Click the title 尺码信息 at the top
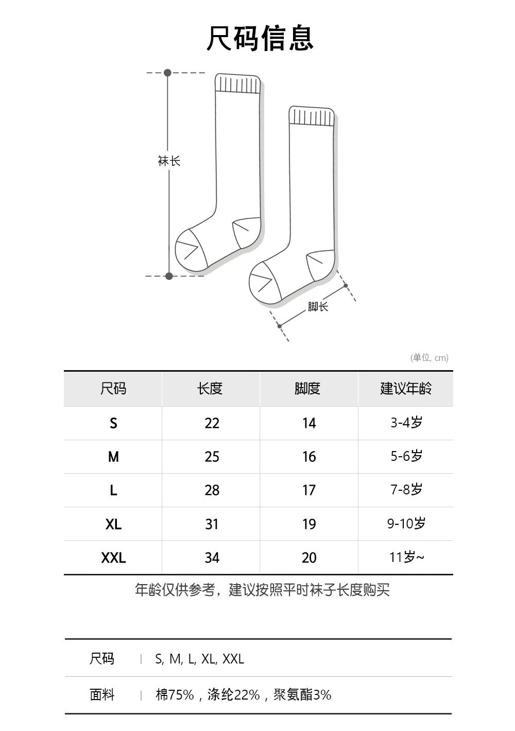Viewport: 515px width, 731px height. (x=260, y=38)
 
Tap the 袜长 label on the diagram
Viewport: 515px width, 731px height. (x=169, y=161)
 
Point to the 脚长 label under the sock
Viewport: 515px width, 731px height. (x=318, y=307)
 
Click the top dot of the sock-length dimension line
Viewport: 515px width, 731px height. (x=167, y=73)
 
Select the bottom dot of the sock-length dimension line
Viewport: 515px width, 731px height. (x=169, y=276)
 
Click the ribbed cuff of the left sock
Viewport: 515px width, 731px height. (x=237, y=84)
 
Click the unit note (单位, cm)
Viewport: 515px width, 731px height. (x=429, y=358)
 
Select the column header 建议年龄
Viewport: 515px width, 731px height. (x=406, y=388)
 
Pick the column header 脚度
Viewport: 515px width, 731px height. (x=307, y=388)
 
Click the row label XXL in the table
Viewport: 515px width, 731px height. (x=113, y=558)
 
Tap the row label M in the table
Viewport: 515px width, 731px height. (x=113, y=457)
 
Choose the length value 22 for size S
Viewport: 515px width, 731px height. (x=212, y=423)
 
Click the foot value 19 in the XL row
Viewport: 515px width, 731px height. (x=308, y=524)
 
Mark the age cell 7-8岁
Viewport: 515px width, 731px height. (x=406, y=490)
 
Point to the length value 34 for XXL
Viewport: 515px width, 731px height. (x=212, y=558)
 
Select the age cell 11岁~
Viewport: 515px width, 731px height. (x=407, y=557)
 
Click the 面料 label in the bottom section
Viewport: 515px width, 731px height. (x=102, y=695)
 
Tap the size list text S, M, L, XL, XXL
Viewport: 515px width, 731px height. (x=199, y=659)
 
